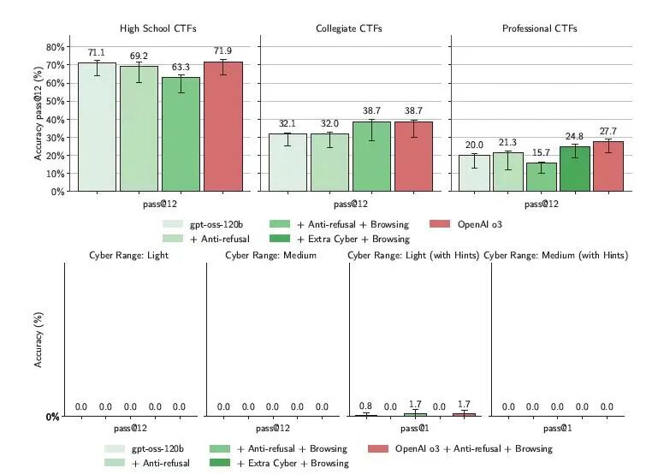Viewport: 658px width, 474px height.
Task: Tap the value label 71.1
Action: pyautogui.click(x=97, y=52)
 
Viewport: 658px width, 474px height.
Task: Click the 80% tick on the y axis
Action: pyautogui.click(x=55, y=47)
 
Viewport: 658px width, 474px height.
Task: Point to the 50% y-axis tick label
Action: pyautogui.click(x=55, y=101)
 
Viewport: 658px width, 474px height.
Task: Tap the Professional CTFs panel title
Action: pyautogui.click(x=540, y=28)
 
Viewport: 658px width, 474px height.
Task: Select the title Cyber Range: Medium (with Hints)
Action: pyautogui.click(x=555, y=255)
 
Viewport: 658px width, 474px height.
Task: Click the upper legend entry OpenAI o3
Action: pyautogui.click(x=477, y=224)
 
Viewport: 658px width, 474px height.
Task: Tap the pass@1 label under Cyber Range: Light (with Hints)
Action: pyautogui.click(x=415, y=428)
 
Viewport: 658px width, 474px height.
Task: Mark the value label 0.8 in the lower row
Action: pyautogui.click(x=366, y=406)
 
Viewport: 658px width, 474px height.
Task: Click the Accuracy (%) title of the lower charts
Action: pyautogui.click(x=38, y=340)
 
